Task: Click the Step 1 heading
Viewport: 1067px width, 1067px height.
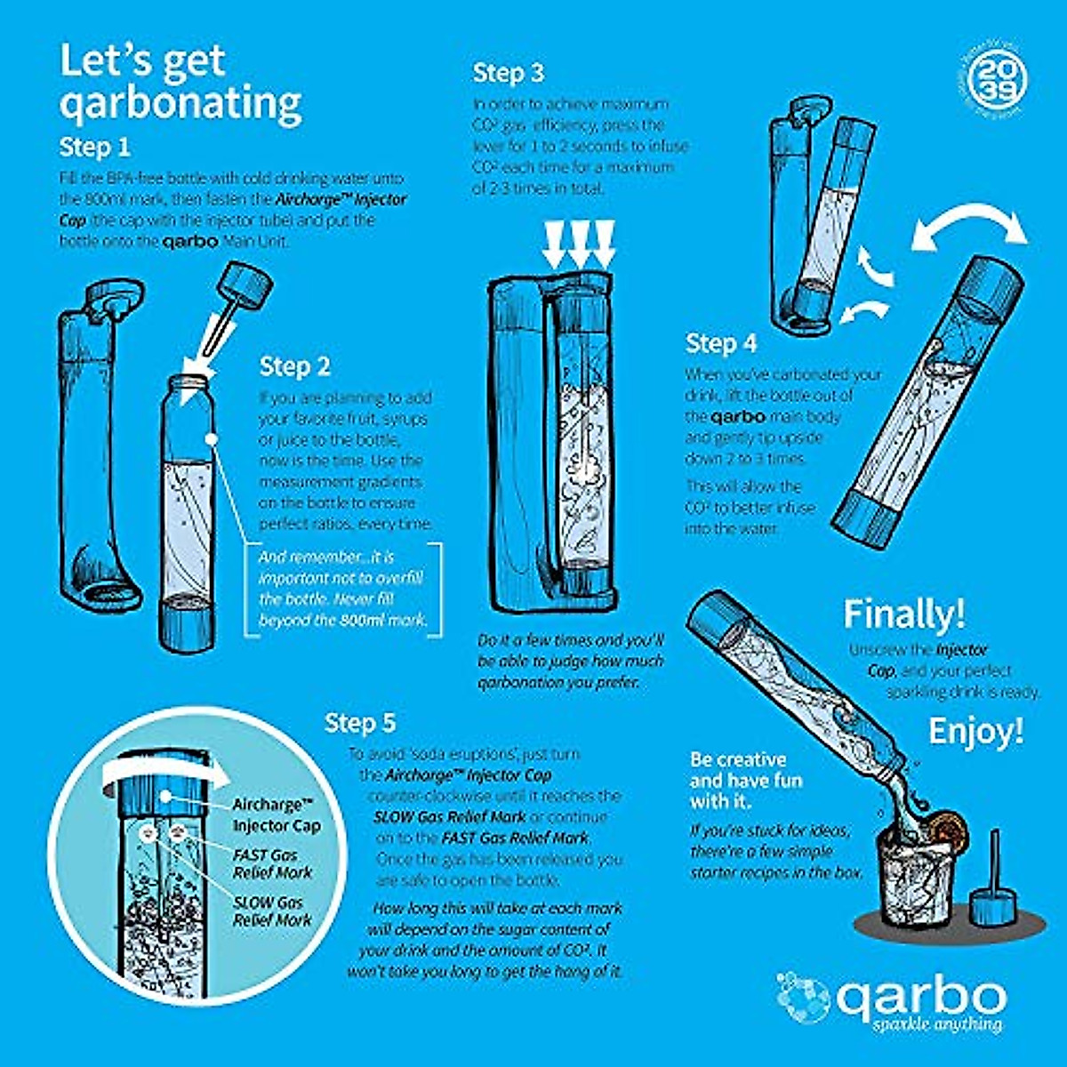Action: (x=94, y=146)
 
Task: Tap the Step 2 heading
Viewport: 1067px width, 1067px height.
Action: (x=294, y=366)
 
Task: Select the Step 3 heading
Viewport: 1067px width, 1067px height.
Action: (x=508, y=73)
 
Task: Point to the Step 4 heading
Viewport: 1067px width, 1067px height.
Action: (x=721, y=343)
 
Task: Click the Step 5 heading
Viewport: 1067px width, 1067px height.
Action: (x=360, y=723)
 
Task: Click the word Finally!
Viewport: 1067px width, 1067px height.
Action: (x=903, y=614)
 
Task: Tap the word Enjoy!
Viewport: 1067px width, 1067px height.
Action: (x=975, y=732)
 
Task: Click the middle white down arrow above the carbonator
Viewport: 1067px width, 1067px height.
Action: (x=579, y=245)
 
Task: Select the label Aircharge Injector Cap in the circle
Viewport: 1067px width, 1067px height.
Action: (x=277, y=814)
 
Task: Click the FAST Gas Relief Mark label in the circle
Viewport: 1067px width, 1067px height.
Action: (x=265, y=863)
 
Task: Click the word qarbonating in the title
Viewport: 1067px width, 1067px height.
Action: (x=181, y=102)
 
